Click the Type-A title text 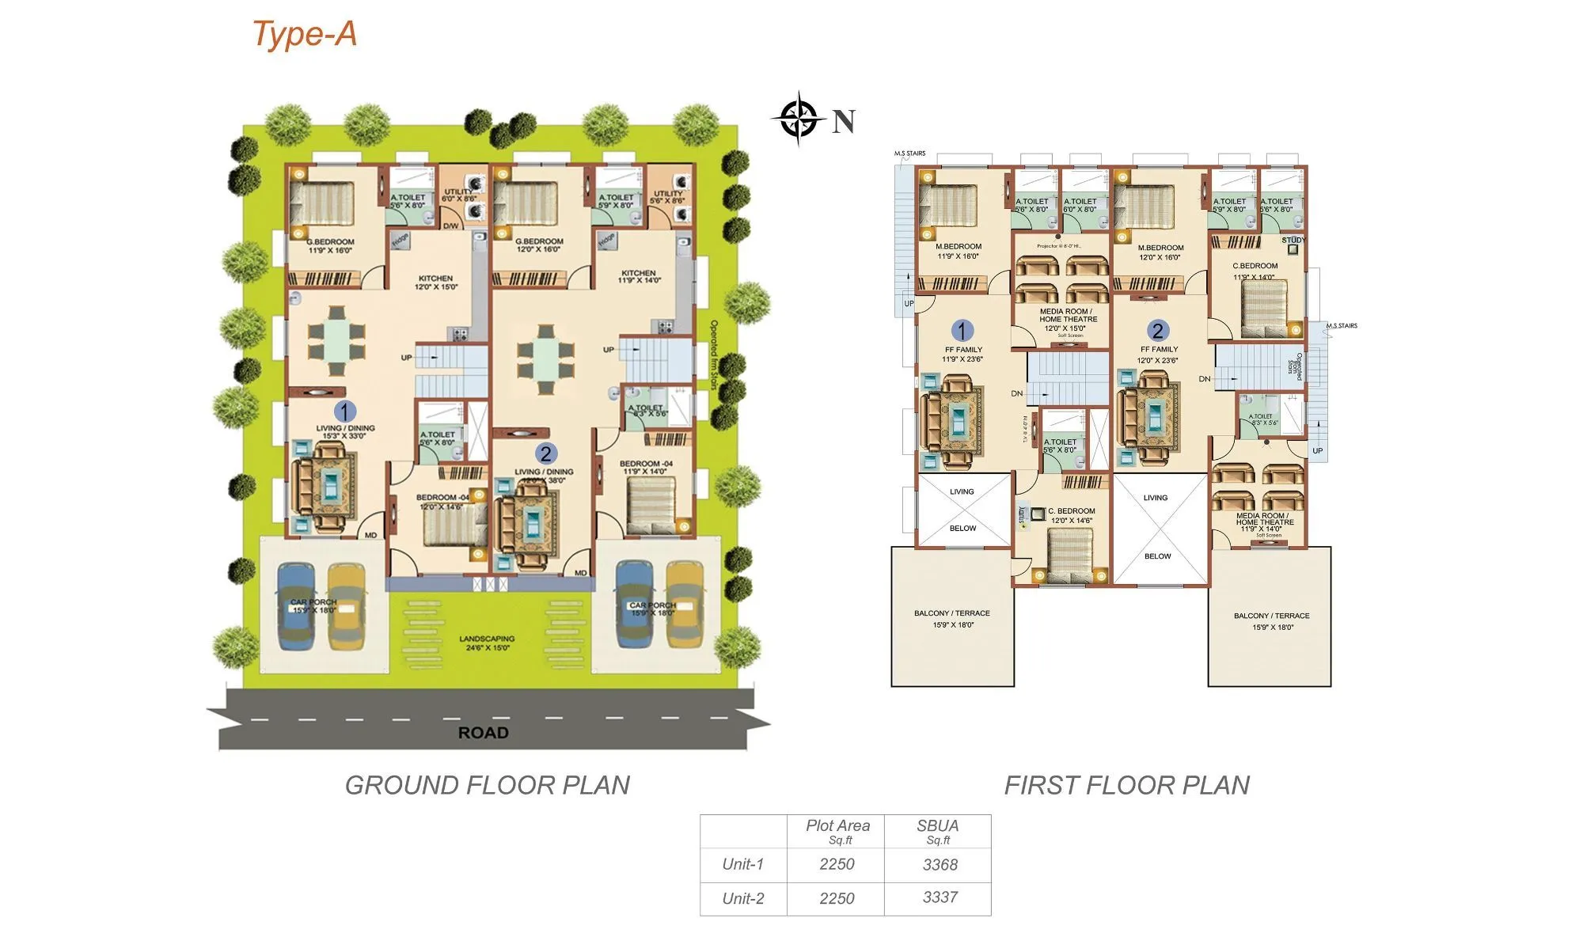[305, 34]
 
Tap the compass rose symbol [799, 119]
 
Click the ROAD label [483, 733]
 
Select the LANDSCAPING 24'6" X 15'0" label [487, 643]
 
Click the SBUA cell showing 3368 [940, 865]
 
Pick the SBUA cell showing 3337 [940, 897]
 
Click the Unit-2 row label [743, 898]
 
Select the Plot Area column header [837, 830]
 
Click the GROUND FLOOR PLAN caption [488, 785]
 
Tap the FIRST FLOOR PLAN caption [1126, 785]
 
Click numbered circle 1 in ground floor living [344, 411]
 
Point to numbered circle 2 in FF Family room [1157, 331]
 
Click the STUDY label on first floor [1293, 240]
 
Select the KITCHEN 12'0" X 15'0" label [435, 283]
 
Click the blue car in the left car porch [297, 605]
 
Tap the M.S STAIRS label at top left [909, 154]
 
